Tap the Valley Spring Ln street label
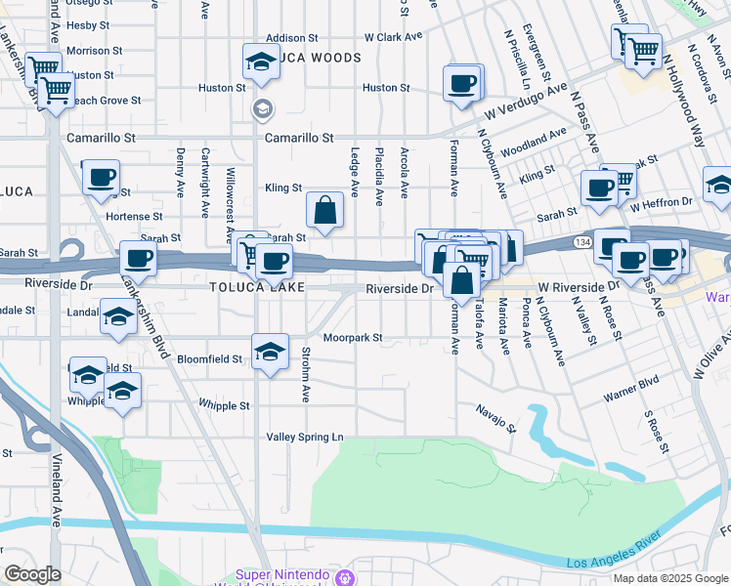point(305,437)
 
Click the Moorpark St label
point(351,338)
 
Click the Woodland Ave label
point(533,144)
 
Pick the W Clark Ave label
point(393,37)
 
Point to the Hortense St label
point(134,216)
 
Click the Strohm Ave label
point(306,373)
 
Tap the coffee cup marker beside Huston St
point(461,83)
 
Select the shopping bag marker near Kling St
point(325,210)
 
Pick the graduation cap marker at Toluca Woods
point(261,63)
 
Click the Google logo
point(32,574)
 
